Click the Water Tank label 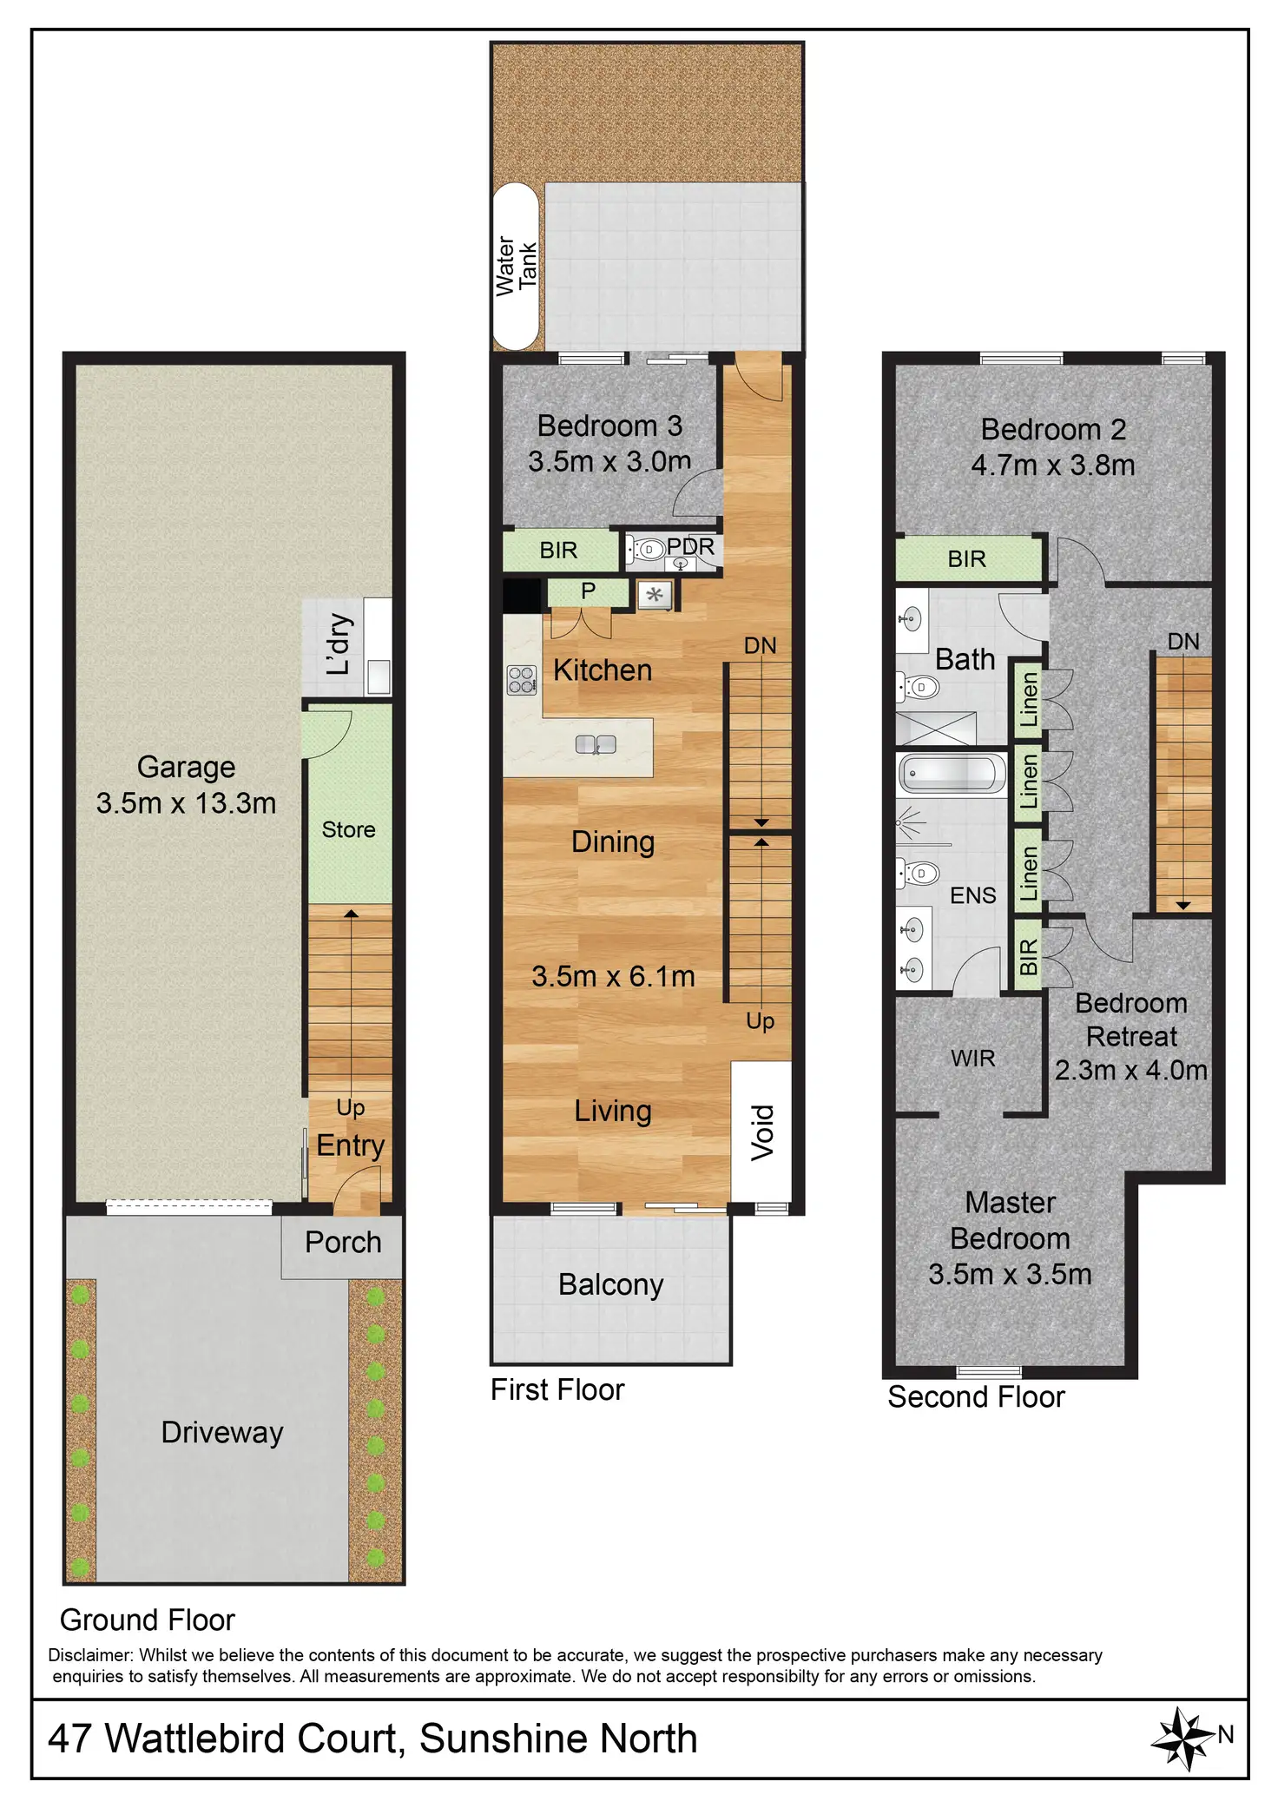coord(517,266)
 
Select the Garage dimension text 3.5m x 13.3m coord(186,803)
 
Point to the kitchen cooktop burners coord(521,679)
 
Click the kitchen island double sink coord(596,744)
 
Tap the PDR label coord(690,547)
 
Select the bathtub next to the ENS coord(950,772)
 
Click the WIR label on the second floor coord(972,1058)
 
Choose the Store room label coord(348,829)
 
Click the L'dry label coord(339,644)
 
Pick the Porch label coord(343,1242)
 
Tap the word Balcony coord(610,1284)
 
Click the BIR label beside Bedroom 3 coord(558,551)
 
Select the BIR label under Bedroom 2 coord(966,558)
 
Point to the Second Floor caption coord(976,1397)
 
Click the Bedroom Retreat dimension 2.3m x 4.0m coord(1130,1070)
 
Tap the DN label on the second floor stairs coord(1183,642)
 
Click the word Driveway coord(222,1432)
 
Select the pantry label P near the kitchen coord(588,591)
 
